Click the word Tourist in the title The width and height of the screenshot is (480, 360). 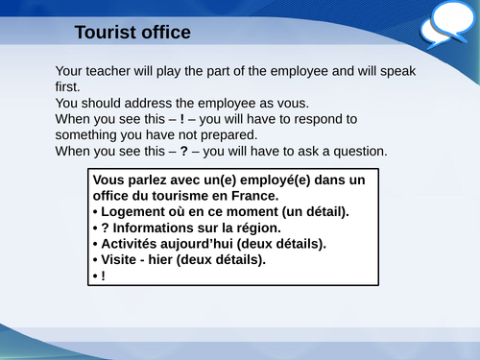click(107, 33)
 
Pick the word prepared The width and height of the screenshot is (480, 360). click(227, 135)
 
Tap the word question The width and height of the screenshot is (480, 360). click(355, 151)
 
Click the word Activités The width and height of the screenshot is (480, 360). click(134, 244)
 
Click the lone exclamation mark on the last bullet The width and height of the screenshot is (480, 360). click(104, 276)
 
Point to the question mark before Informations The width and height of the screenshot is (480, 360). click(105, 228)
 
